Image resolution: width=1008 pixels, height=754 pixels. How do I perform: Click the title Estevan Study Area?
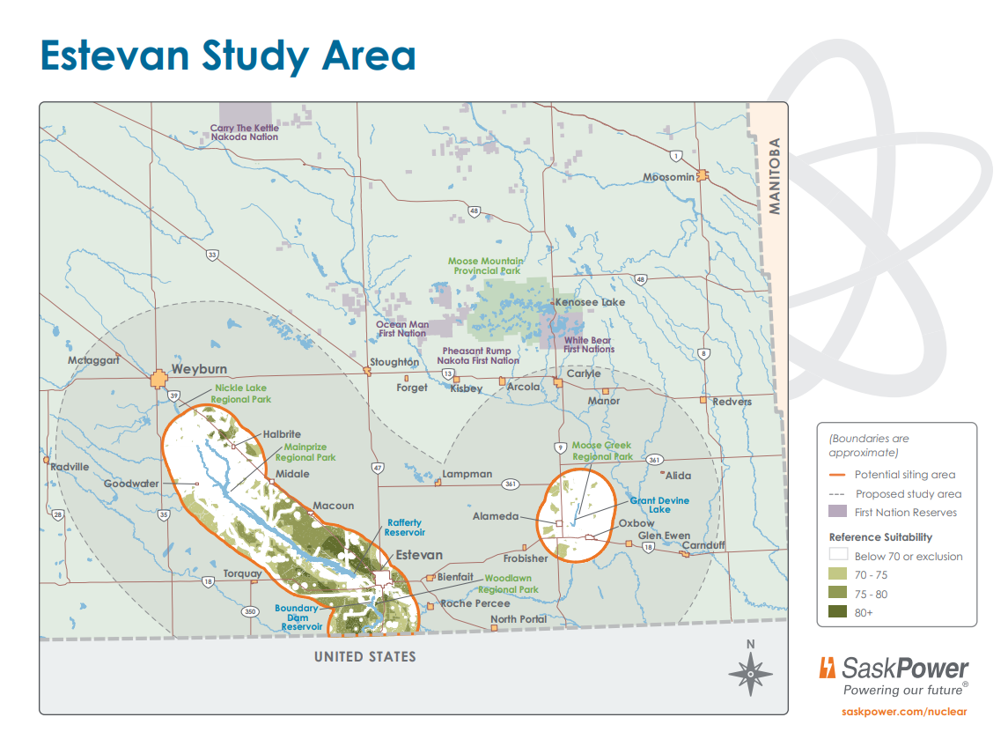[x=227, y=55]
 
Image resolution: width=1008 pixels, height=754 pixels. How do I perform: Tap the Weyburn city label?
[x=199, y=368]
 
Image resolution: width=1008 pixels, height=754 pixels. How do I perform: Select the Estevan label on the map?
[x=419, y=556]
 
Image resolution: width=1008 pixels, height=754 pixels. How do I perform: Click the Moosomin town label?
[x=668, y=177]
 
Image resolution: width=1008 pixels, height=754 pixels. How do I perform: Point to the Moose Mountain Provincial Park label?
[x=485, y=266]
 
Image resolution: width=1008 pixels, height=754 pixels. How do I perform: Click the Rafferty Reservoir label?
[x=406, y=528]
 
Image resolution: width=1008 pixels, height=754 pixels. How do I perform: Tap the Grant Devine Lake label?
[x=659, y=505]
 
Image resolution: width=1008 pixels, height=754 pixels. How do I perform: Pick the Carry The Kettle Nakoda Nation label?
[x=244, y=132]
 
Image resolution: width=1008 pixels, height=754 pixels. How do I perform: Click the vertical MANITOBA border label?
[x=775, y=176]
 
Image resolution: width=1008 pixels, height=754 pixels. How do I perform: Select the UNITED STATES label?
[x=365, y=657]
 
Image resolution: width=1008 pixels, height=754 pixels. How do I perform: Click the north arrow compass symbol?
[x=750, y=673]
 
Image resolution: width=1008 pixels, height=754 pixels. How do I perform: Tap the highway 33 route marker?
[x=212, y=255]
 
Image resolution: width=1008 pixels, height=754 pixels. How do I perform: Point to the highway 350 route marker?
[x=250, y=611]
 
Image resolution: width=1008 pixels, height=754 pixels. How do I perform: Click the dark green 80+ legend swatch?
[x=838, y=612]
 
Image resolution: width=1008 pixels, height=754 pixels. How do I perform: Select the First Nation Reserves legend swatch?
[x=838, y=513]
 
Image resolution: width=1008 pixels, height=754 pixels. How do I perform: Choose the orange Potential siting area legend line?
[x=838, y=475]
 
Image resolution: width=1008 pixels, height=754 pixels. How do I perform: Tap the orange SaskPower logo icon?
[x=828, y=668]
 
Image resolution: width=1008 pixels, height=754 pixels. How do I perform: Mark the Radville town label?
[x=70, y=467]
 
